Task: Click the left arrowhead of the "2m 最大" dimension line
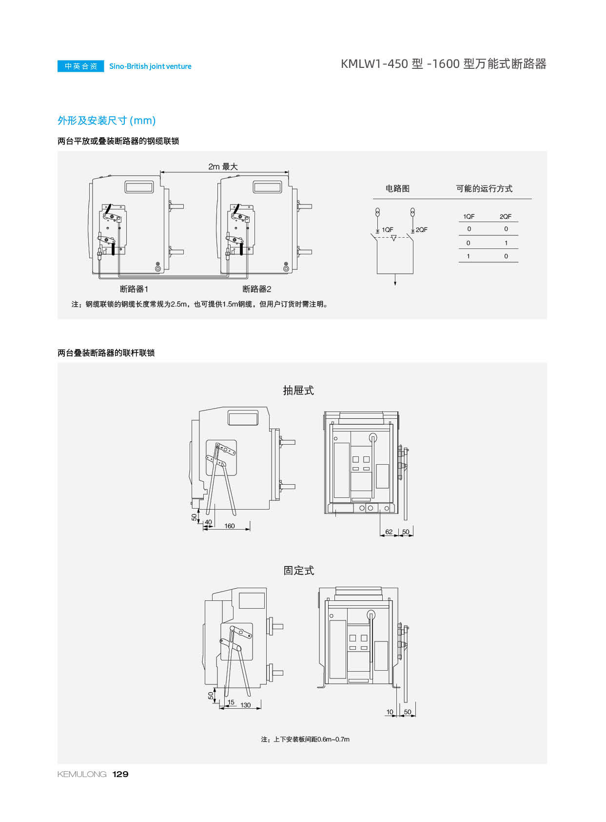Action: pyautogui.click(x=162, y=172)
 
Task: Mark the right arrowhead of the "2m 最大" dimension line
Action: pyautogui.click(x=287, y=172)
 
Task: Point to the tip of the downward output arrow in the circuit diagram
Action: pyautogui.click(x=395, y=285)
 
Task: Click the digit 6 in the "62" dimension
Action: pyautogui.click(x=387, y=532)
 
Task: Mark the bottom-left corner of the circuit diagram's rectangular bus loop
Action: pyautogui.click(x=377, y=273)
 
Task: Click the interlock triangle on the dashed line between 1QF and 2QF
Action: pyautogui.click(x=393, y=238)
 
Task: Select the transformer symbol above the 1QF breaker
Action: pyautogui.click(x=377, y=212)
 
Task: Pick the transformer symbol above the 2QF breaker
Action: pyautogui.click(x=412, y=212)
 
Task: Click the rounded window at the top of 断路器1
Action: pyautogui.click(x=139, y=187)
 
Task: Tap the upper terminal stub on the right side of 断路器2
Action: pyautogui.click(x=305, y=206)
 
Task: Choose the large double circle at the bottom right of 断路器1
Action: pyautogui.click(x=157, y=268)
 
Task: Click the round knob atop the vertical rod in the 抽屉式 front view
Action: pyautogui.click(x=373, y=437)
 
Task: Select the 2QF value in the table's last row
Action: pyautogui.click(x=506, y=256)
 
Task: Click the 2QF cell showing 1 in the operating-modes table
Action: pyautogui.click(x=506, y=243)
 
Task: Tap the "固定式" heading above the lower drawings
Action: pyautogui.click(x=299, y=571)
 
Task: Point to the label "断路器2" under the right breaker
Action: pyautogui.click(x=256, y=289)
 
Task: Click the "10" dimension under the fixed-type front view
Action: pyautogui.click(x=390, y=712)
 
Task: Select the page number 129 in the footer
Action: pyautogui.click(x=120, y=774)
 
